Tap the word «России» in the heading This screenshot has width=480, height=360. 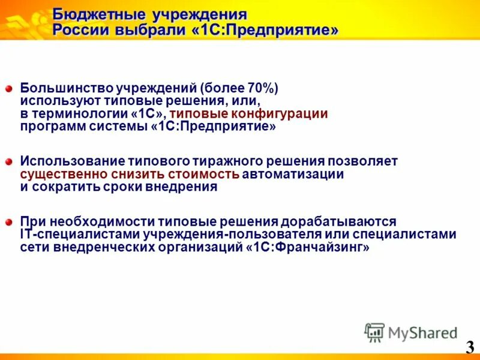tap(77, 30)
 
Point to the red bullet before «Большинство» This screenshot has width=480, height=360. tap(9, 89)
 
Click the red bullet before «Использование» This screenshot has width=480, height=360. tap(9, 162)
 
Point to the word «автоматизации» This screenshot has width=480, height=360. tap(294, 175)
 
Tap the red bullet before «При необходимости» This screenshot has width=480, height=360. tap(9, 223)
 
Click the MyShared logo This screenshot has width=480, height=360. tap(411, 332)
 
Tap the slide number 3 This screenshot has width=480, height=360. tap(469, 347)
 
